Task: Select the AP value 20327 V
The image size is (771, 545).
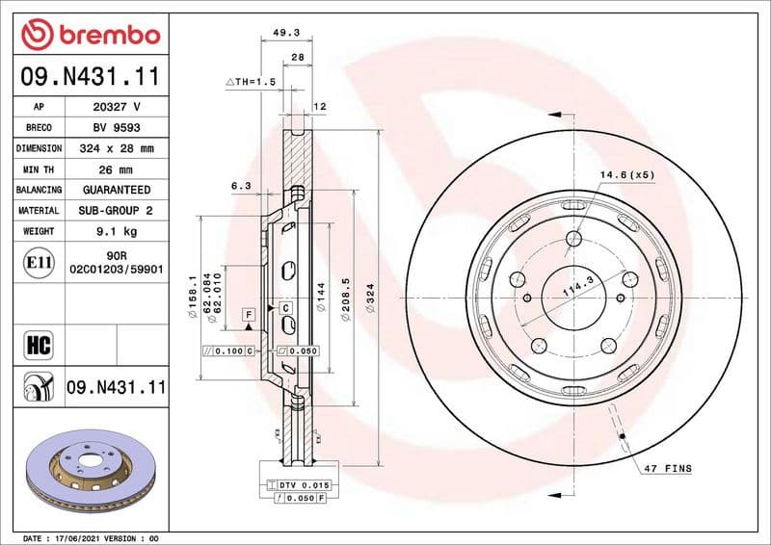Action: pyautogui.click(x=117, y=107)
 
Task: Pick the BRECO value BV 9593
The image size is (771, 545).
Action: pyautogui.click(x=117, y=128)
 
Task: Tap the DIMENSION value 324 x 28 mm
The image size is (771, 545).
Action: pyautogui.click(x=117, y=149)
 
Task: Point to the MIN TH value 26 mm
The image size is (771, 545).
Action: pyautogui.click(x=117, y=169)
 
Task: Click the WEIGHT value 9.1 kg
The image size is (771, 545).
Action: pyautogui.click(x=117, y=231)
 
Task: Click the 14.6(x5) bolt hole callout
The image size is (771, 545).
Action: pyautogui.click(x=627, y=174)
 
